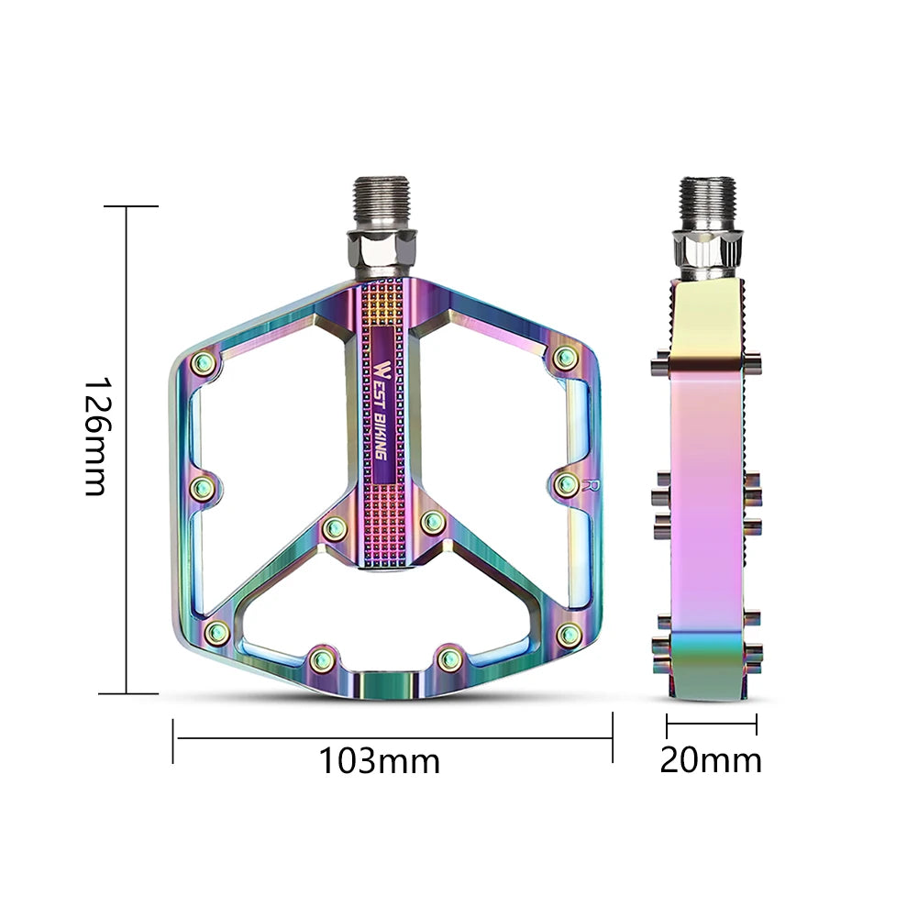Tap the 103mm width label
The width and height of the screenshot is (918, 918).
click(x=379, y=760)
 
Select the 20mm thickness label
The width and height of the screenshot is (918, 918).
click(x=711, y=760)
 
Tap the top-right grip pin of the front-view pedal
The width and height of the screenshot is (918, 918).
click(x=565, y=356)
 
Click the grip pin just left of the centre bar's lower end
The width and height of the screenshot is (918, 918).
click(x=335, y=527)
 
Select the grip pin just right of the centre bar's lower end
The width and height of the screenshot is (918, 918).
click(x=432, y=523)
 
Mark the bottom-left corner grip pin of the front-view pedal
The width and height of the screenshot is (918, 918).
click(x=216, y=630)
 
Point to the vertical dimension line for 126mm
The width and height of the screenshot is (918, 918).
click(x=127, y=449)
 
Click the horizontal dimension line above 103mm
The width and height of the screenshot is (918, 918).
click(x=393, y=737)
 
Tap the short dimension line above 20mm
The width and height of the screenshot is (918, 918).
click(x=712, y=724)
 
